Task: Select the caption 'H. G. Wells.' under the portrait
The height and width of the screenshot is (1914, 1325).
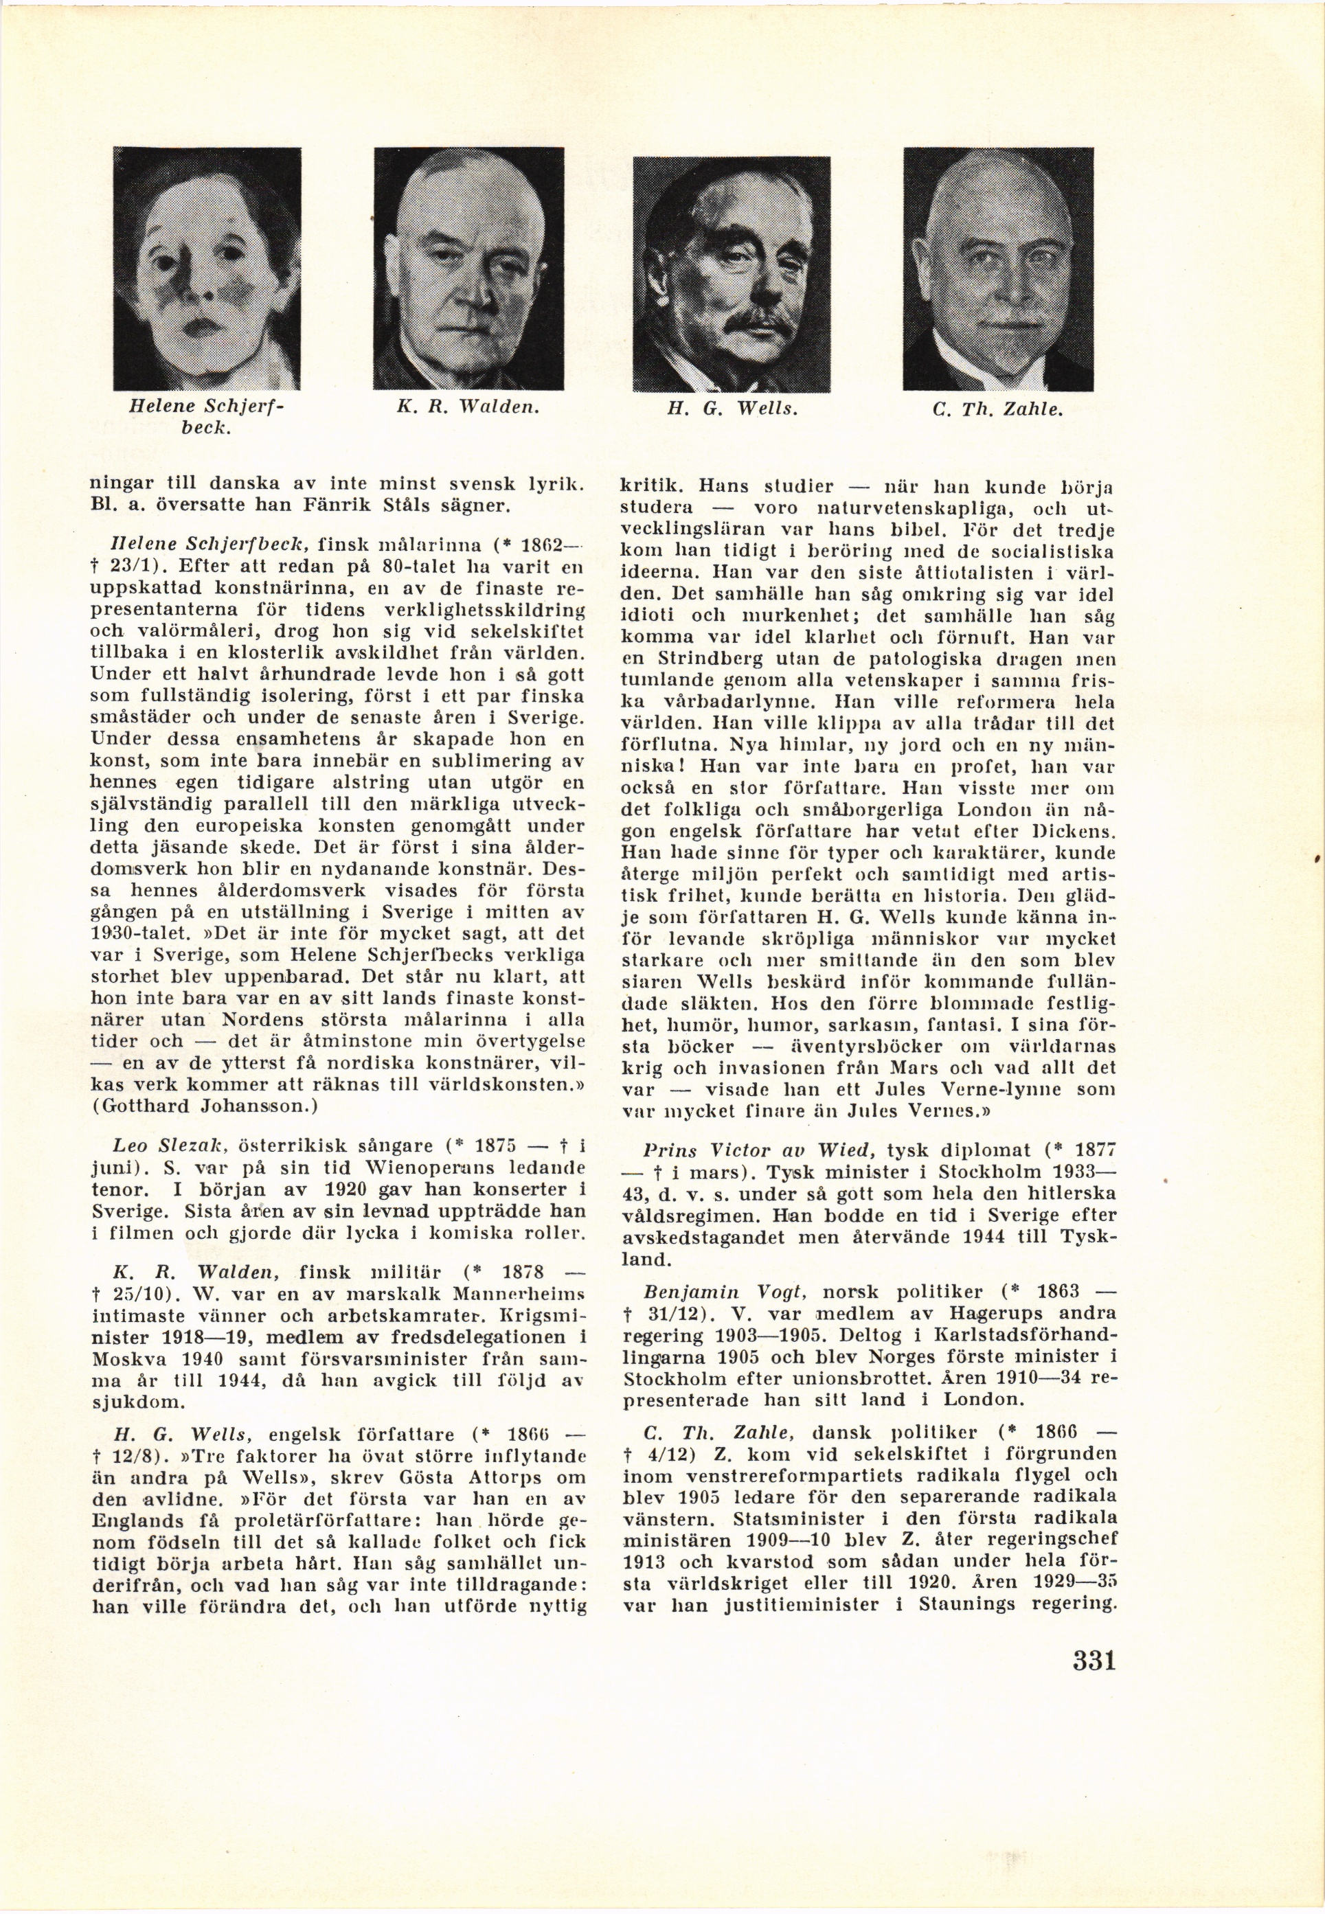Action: (732, 409)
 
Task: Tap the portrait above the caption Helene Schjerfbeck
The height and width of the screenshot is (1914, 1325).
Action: (207, 268)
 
